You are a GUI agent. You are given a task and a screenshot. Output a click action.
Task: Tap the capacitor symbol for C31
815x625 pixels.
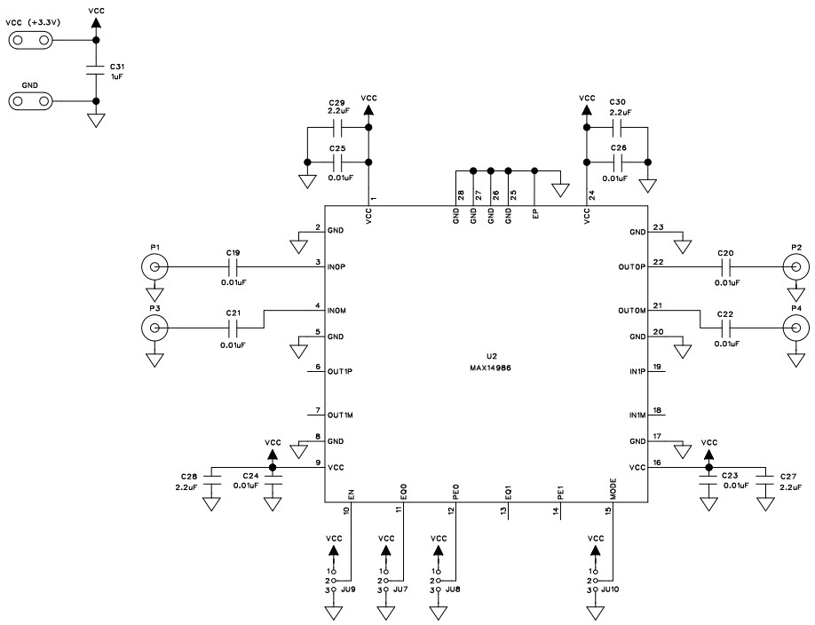pyautogui.click(x=95, y=70)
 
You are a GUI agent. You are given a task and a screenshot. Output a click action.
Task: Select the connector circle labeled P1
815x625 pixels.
pyautogui.click(x=154, y=266)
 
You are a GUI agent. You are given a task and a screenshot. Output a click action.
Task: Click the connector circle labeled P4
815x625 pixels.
pyautogui.click(x=795, y=329)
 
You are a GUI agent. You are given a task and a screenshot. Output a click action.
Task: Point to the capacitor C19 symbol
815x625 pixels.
pyautogui.click(x=233, y=266)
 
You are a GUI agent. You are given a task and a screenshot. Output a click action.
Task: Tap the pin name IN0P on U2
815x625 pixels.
pyautogui.click(x=336, y=264)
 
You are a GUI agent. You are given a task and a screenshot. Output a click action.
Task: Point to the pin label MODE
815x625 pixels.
pyautogui.click(x=613, y=487)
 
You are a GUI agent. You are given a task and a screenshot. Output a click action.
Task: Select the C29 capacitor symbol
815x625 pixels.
pyautogui.click(x=336, y=128)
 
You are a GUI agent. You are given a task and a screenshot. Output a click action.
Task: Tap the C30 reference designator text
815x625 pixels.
pyautogui.click(x=619, y=102)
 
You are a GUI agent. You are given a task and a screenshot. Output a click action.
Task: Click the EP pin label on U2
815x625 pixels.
pyautogui.click(x=535, y=214)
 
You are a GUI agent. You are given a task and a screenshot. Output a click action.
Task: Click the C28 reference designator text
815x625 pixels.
pyautogui.click(x=189, y=477)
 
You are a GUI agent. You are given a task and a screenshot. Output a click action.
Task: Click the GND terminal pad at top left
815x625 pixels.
pyautogui.click(x=30, y=101)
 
